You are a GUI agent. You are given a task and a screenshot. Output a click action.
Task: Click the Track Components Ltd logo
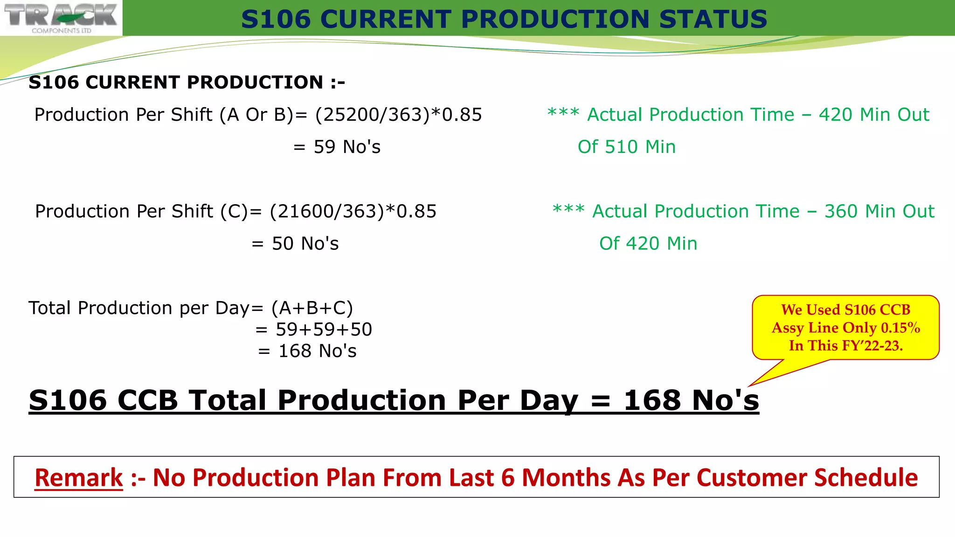coord(61,18)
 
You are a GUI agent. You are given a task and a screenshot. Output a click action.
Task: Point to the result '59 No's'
coord(347,147)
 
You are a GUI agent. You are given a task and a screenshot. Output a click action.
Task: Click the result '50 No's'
coord(305,244)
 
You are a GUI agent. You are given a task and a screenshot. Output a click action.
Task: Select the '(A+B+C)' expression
coord(312,309)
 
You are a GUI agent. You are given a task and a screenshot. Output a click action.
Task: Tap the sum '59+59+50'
coord(324,330)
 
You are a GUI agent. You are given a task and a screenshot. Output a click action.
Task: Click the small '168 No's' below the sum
coord(317,351)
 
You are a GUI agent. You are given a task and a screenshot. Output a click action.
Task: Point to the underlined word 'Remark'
coord(79,478)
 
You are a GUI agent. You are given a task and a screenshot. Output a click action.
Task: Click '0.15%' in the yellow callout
coord(900,328)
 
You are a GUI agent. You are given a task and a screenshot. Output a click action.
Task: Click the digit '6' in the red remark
coord(508,478)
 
